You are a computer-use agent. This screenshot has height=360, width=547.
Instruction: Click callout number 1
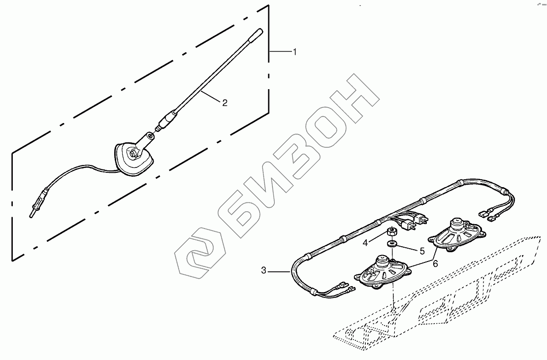(295, 52)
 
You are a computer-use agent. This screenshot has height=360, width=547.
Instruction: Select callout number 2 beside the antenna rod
(225, 103)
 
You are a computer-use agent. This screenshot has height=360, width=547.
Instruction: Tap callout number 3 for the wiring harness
(264, 270)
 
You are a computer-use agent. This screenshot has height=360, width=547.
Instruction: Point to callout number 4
(365, 242)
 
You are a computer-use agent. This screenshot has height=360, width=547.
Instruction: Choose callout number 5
(421, 251)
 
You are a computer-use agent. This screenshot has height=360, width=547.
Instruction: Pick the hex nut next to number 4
(392, 232)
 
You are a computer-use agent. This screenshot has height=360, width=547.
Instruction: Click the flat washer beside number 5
(392, 244)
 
